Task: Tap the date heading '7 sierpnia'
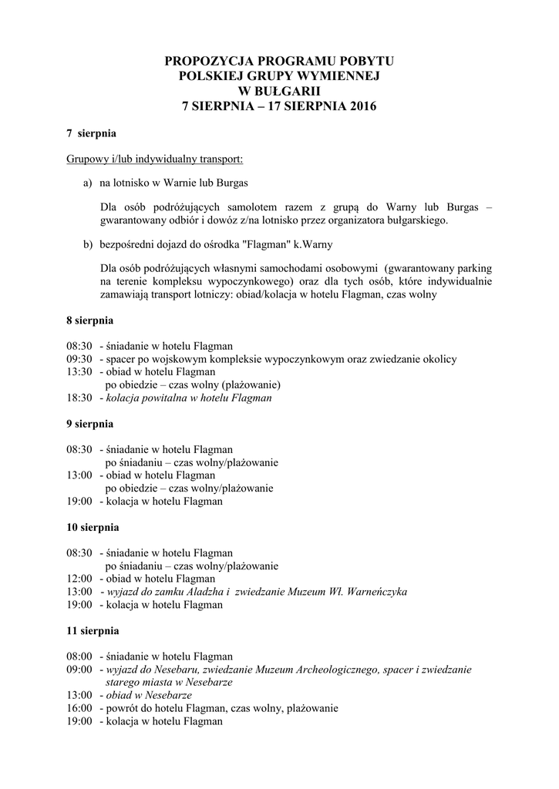(91, 133)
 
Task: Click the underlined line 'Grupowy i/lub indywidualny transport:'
(154, 159)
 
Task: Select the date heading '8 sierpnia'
(90, 319)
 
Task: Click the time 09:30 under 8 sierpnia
(79, 358)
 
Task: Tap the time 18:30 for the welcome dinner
(79, 398)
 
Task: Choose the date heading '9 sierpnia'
(90, 424)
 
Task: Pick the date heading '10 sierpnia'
(93, 528)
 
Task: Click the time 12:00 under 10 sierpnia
(79, 579)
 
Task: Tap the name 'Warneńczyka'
(373, 592)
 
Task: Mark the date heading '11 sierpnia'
(93, 630)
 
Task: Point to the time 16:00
(79, 708)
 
